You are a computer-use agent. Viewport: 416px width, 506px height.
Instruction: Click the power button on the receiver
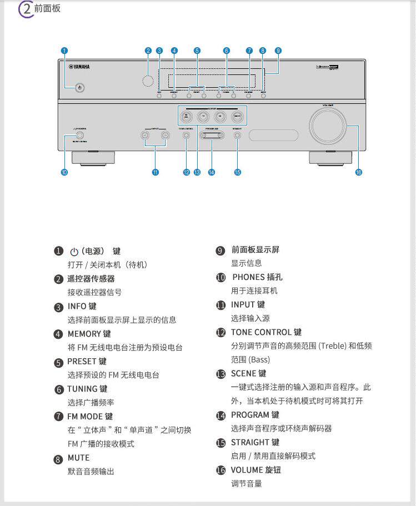(81, 88)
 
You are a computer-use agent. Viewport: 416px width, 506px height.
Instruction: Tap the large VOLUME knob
(328, 125)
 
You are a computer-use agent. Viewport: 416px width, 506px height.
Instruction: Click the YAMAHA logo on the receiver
(79, 67)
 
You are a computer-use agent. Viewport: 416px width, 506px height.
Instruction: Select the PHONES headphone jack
(81, 134)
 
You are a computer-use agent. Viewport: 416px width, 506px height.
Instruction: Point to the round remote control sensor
(148, 81)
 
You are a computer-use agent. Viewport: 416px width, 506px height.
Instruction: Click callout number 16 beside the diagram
(358, 172)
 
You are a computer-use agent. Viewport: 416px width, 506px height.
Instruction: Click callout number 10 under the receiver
(64, 172)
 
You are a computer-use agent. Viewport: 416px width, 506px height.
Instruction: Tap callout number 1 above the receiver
(64, 51)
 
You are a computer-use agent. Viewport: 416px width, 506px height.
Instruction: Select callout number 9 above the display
(278, 51)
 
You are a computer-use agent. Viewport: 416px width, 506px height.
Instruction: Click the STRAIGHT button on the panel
(237, 134)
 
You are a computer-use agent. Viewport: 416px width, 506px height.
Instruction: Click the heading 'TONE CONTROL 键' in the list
(266, 332)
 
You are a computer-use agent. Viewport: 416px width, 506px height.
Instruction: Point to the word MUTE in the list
(78, 458)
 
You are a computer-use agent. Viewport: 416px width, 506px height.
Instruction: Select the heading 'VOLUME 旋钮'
(256, 470)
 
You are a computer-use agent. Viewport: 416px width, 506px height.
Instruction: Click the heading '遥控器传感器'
(91, 279)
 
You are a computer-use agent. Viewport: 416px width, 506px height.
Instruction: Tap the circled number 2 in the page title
(26, 9)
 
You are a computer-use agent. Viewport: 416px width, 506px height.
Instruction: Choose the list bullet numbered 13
(220, 374)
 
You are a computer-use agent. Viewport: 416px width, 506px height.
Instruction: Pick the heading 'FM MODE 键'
(90, 416)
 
